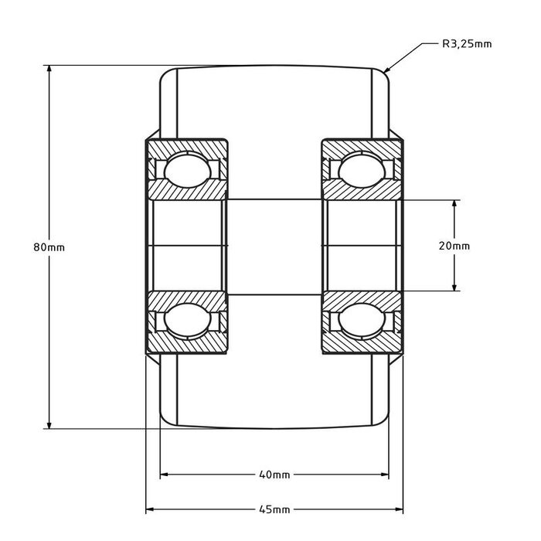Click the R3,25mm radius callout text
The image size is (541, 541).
[466, 44]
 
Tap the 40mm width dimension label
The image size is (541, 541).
[274, 475]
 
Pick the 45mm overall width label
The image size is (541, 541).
[274, 510]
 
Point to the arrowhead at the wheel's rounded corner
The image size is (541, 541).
[390, 70]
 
